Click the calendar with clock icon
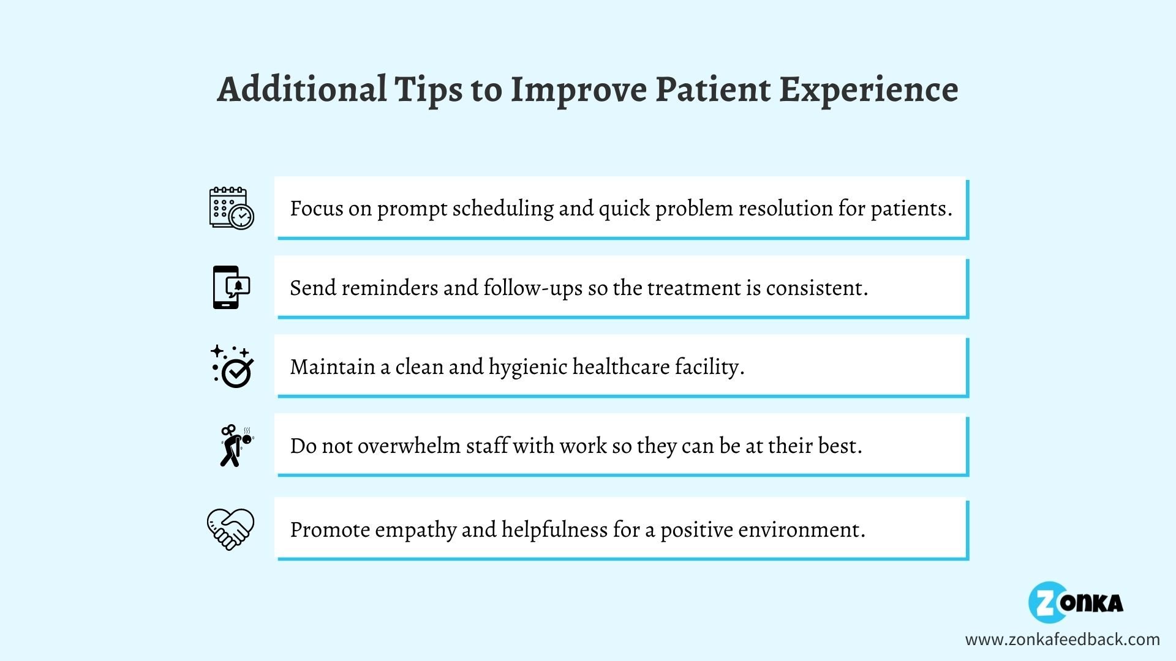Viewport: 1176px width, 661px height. [232, 208]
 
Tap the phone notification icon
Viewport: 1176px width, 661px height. [232, 287]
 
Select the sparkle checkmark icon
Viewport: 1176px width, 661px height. [232, 366]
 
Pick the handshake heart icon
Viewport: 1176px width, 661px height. [230, 529]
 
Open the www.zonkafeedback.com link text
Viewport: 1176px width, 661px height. [1062, 640]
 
